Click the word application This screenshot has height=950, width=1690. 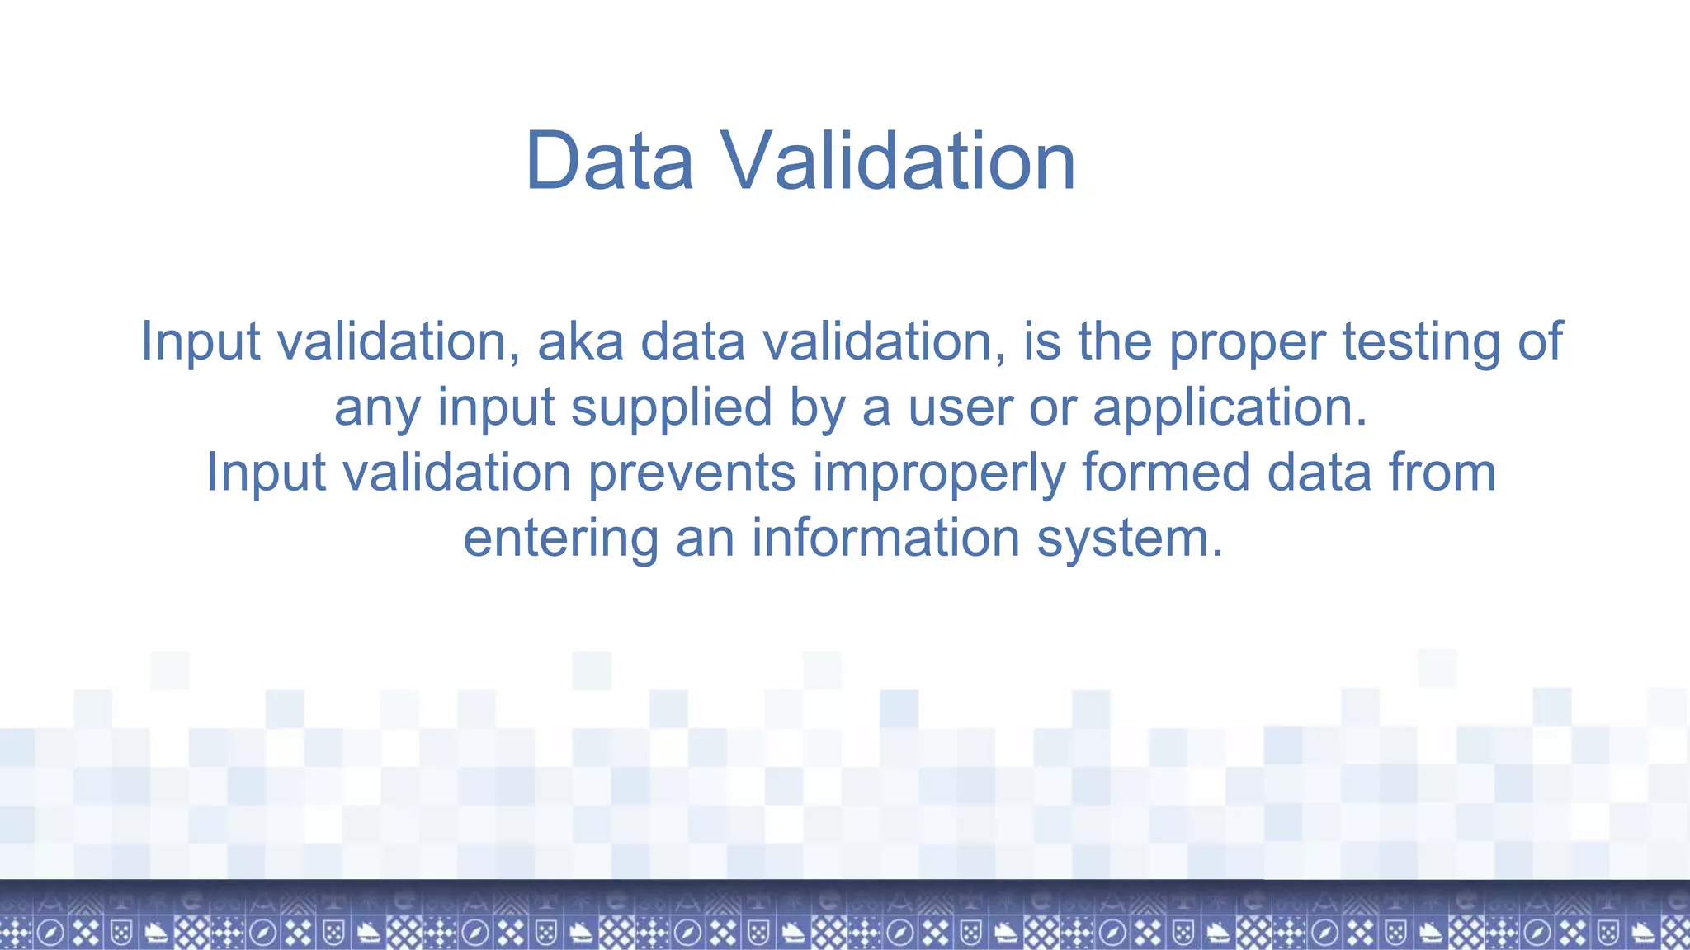pos(1230,408)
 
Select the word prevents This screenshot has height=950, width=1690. pos(692,473)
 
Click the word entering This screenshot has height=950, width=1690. pos(561,539)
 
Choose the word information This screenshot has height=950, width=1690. pos(885,538)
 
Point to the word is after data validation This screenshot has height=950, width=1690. pos(1042,341)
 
